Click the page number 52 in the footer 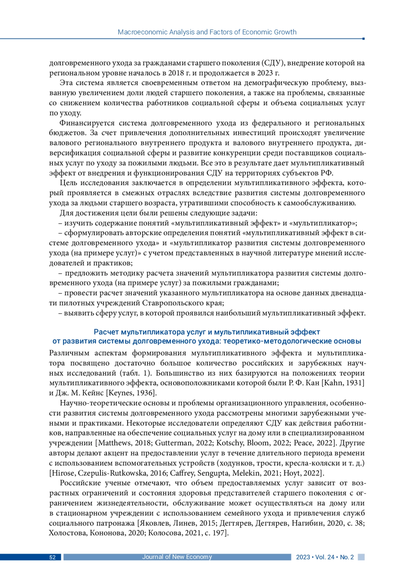click(x=52, y=557)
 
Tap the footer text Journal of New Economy click(x=177, y=557)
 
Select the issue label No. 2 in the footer click(x=347, y=557)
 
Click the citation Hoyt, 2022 click(x=305, y=473)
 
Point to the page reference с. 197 click(x=216, y=533)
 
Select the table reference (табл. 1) click(x=137, y=373)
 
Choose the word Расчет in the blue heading click(x=106, y=332)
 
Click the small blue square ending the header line click(x=364, y=39)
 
